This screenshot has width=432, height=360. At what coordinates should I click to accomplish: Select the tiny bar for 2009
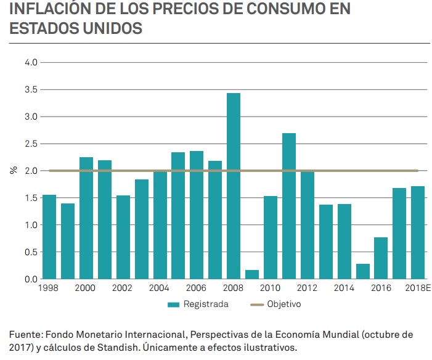252,274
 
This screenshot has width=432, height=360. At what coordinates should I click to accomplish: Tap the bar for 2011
289,206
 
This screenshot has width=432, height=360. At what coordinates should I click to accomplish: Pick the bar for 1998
49,237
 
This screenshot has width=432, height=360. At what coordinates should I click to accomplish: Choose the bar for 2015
362,271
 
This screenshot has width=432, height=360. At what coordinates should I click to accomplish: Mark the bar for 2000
86,218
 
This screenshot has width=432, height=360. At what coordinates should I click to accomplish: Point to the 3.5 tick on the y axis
31,89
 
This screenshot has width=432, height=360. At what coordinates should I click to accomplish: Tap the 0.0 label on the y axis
31,279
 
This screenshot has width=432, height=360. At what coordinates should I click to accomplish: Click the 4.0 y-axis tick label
31,62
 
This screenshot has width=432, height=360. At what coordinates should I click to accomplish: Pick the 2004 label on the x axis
160,288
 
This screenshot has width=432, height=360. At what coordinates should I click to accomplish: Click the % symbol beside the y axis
13,171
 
